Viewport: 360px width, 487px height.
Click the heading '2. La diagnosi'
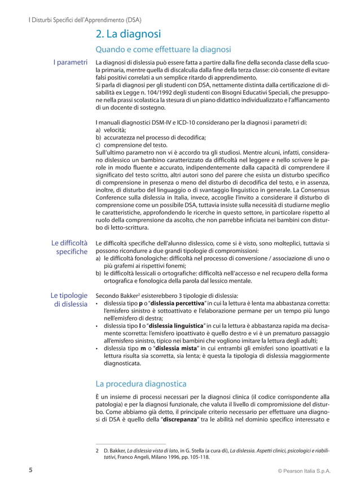click(x=128, y=34)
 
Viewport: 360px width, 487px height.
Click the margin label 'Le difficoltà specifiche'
click(x=69, y=247)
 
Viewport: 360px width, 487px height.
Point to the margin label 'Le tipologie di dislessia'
click(x=69, y=300)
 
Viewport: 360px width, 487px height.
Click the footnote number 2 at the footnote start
click(x=98, y=450)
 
